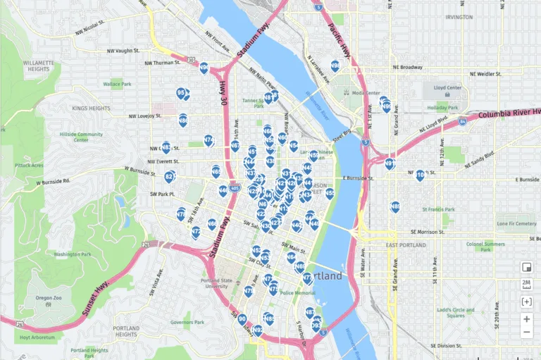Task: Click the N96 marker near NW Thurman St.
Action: (x=204, y=68)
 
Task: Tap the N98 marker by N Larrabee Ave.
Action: (x=335, y=66)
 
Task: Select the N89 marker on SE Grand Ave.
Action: (x=395, y=206)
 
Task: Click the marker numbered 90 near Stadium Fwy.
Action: (x=242, y=319)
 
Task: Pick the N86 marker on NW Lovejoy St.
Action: (x=183, y=120)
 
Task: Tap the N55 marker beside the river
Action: (x=330, y=192)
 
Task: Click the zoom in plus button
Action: (x=526, y=318)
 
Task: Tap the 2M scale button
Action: (x=526, y=285)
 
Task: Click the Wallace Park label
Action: (x=117, y=84)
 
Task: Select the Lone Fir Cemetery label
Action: (x=516, y=224)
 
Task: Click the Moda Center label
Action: (x=366, y=92)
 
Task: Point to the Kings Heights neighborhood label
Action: (x=91, y=108)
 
